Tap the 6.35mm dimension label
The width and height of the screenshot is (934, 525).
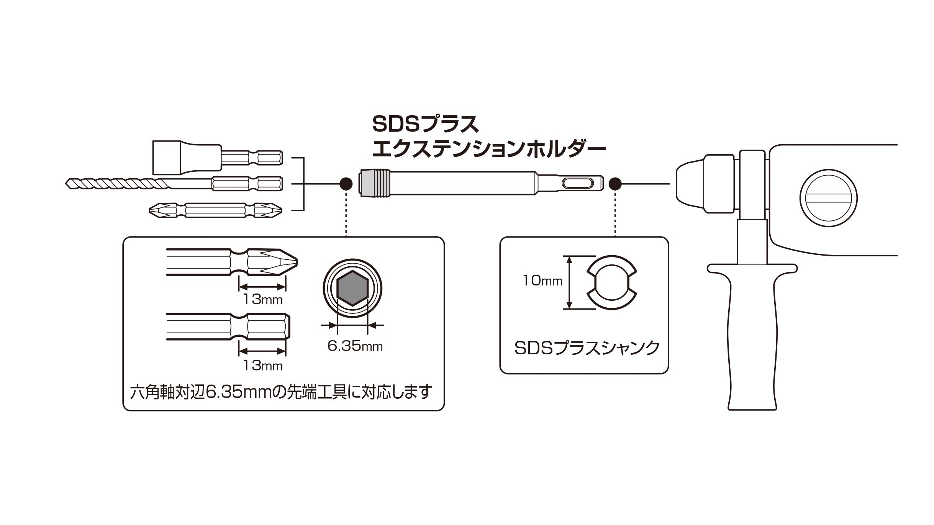355,347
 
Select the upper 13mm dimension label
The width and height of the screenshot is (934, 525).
263,299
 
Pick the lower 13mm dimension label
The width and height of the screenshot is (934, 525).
263,366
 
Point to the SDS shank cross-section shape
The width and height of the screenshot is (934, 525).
612,282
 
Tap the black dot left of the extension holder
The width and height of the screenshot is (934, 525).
346,184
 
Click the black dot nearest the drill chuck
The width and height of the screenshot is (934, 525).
615,184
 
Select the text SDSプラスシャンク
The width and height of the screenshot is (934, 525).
587,348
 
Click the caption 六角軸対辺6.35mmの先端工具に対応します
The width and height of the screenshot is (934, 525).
281,391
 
